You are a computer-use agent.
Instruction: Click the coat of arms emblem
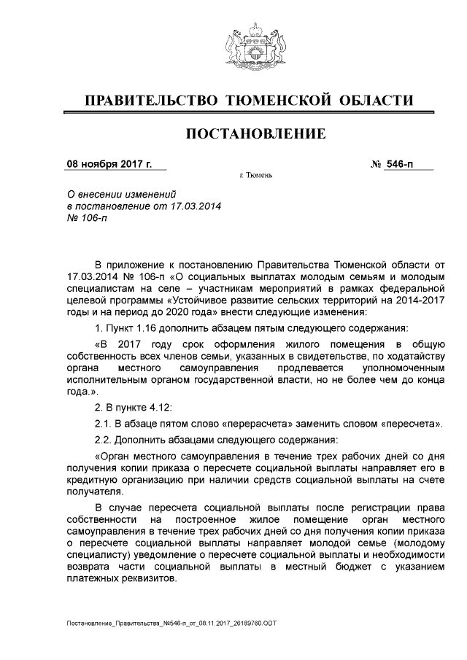tap(252, 46)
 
